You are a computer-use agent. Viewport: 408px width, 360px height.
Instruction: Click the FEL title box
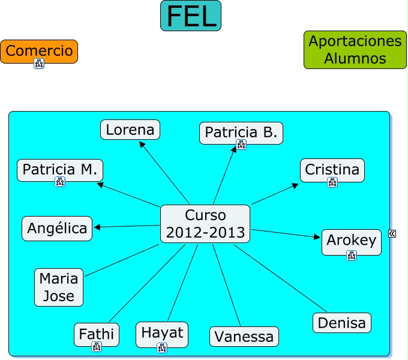[191, 16]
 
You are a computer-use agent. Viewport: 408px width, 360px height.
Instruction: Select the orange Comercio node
[39, 51]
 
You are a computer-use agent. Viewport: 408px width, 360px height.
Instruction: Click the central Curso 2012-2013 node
[205, 224]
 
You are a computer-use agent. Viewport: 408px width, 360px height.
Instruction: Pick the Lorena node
[130, 130]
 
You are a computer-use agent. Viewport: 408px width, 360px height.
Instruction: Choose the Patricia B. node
[241, 132]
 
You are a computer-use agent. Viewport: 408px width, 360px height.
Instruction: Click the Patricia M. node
[59, 170]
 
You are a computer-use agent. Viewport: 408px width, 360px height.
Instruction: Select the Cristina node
[332, 170]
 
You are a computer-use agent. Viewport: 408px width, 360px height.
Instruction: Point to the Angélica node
[57, 229]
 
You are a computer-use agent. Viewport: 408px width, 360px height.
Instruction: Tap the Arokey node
[351, 241]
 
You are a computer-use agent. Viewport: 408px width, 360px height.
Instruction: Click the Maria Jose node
[59, 287]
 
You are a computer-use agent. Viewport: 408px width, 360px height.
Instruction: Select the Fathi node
[96, 334]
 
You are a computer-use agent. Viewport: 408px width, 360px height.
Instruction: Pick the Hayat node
[162, 333]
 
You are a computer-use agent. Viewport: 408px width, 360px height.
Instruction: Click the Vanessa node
[244, 337]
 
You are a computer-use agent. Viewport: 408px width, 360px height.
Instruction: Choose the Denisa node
[341, 323]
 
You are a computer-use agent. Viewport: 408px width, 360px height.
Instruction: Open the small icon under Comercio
[39, 64]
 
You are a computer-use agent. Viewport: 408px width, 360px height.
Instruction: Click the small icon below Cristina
[332, 182]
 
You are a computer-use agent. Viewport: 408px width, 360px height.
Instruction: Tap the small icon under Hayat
[162, 347]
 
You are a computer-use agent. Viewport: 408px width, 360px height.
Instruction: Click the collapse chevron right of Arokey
[392, 233]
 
